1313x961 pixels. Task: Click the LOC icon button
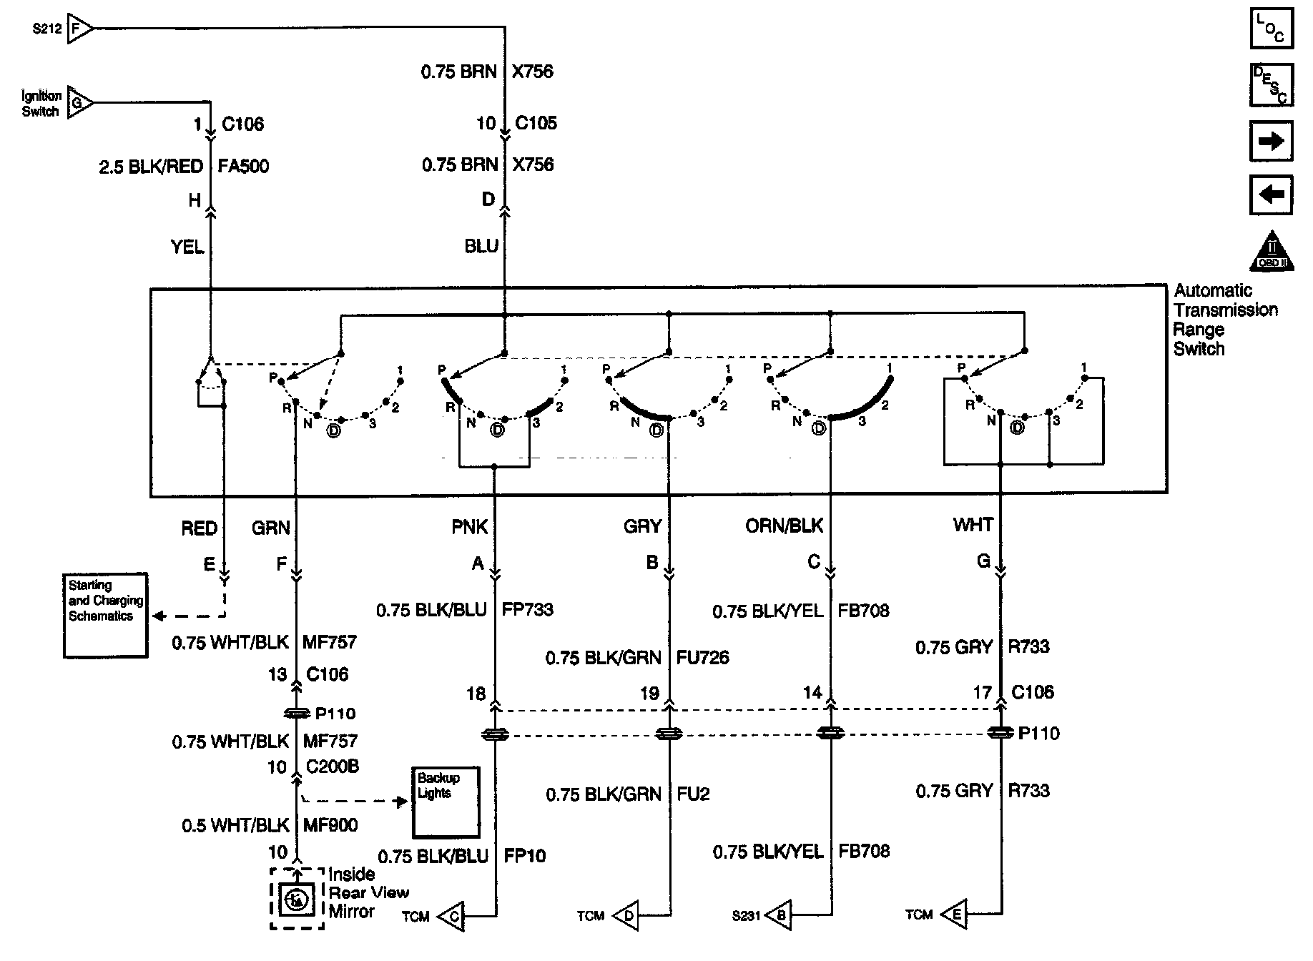(x=1272, y=29)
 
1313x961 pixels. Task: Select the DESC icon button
(x=1272, y=85)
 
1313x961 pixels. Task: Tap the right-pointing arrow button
(x=1272, y=140)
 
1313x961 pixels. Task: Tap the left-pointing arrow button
(x=1272, y=194)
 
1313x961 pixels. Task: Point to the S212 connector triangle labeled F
(x=79, y=29)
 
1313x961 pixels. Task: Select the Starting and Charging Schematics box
(x=105, y=616)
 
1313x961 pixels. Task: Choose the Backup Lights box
(x=446, y=802)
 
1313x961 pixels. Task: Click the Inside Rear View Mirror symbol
(x=297, y=899)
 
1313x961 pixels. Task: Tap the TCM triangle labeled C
(x=451, y=917)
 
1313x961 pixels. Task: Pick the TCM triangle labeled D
(x=626, y=916)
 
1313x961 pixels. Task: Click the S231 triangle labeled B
(x=779, y=915)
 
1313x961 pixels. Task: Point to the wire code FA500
(x=244, y=167)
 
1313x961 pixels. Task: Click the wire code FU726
(x=703, y=658)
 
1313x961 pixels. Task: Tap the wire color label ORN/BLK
(x=785, y=526)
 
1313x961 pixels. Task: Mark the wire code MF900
(x=330, y=825)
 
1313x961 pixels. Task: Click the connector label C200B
(x=333, y=767)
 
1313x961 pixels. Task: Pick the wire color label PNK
(x=470, y=528)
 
